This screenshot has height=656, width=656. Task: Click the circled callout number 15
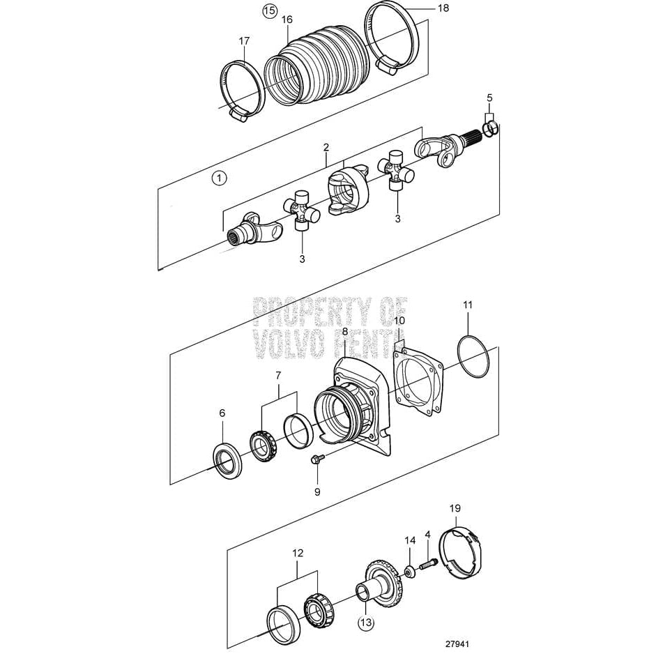(268, 10)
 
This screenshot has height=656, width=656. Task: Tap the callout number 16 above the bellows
(287, 20)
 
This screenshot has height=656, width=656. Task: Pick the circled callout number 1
(220, 178)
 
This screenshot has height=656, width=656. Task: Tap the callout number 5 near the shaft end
(489, 97)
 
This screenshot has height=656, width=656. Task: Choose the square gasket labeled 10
(418, 383)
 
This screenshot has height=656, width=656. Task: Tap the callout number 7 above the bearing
(278, 376)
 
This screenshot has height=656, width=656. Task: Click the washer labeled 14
(412, 571)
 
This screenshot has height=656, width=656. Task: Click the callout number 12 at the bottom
(298, 553)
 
